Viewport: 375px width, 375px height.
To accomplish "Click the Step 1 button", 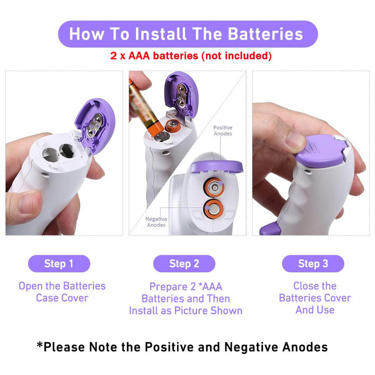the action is pos(59,264).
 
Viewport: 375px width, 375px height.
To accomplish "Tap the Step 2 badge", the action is pos(184,264).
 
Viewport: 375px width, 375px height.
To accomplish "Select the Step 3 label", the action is pos(313,264).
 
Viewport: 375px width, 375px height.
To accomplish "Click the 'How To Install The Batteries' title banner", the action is pos(188,34).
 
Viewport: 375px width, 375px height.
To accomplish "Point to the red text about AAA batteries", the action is pos(191,56).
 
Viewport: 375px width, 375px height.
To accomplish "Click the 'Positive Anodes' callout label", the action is pos(223,131).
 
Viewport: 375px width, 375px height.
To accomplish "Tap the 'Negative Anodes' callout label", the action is pos(156,222).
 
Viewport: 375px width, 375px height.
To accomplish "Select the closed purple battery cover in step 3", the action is pos(322,151).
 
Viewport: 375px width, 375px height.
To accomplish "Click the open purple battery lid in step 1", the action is pos(96,126).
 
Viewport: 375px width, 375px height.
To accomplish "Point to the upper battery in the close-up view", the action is pos(214,187).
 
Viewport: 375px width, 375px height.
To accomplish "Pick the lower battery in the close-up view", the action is pos(214,209).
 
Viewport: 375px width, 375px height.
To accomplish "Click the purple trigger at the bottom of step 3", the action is pos(270,229).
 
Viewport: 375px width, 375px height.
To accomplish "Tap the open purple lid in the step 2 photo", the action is pos(181,94).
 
